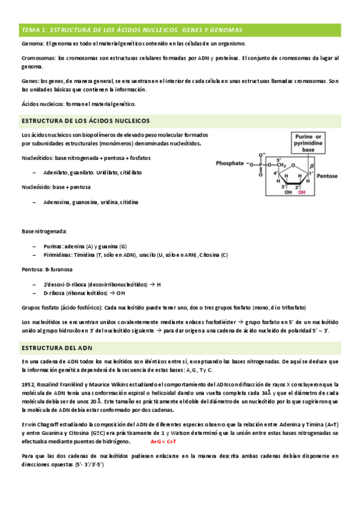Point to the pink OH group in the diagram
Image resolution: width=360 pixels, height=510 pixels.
(302, 192)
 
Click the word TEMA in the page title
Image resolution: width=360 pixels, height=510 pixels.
(29, 29)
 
